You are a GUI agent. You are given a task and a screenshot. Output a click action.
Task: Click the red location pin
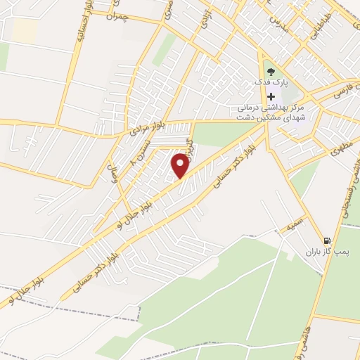[x=181, y=165]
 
